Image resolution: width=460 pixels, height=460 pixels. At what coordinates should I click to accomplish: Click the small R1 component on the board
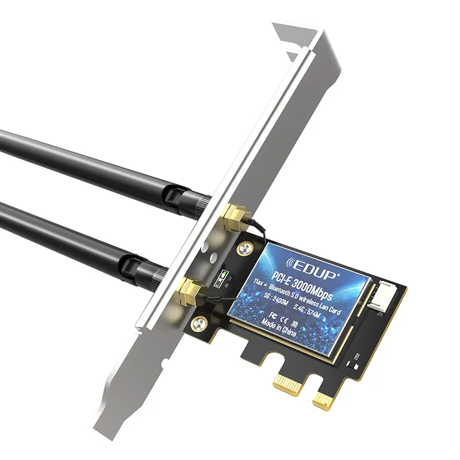358,357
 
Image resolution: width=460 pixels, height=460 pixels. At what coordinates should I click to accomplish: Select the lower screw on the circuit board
200,323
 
